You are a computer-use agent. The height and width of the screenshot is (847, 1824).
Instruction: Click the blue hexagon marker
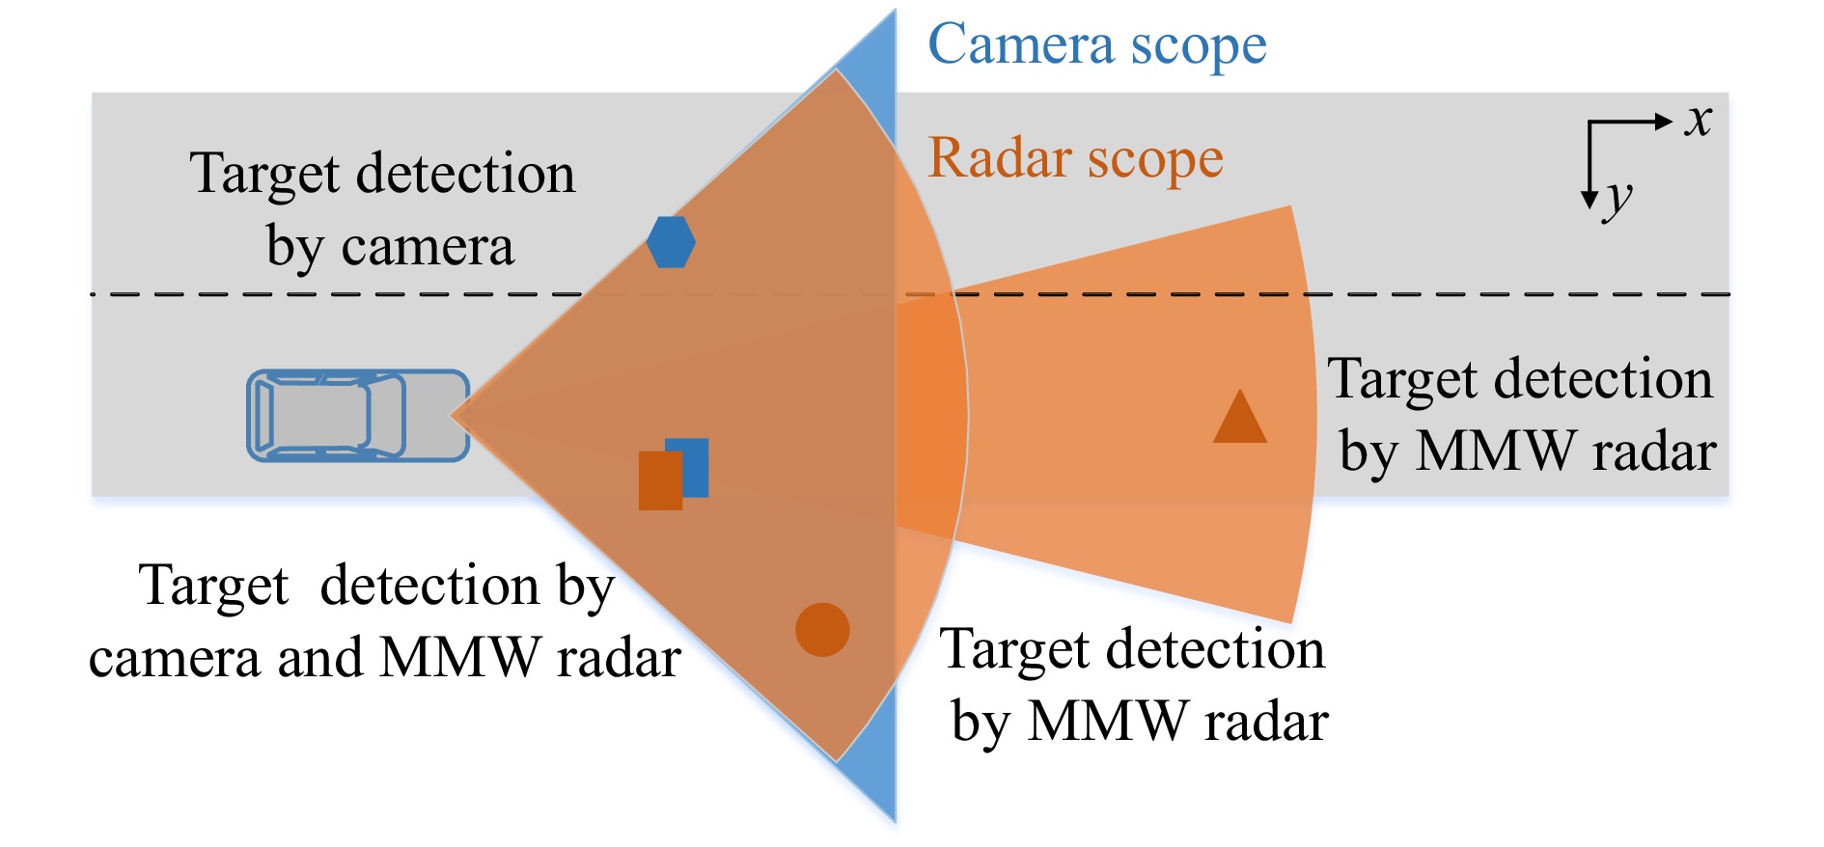(x=671, y=242)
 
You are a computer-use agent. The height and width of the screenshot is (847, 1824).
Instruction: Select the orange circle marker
(x=822, y=630)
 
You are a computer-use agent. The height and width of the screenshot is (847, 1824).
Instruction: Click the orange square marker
(x=659, y=481)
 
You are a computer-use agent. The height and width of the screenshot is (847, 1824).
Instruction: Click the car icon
(x=358, y=416)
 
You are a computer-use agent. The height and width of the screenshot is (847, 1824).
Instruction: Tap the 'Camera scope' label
(x=1096, y=45)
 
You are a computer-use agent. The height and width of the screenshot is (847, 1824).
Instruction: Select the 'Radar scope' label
(x=1075, y=158)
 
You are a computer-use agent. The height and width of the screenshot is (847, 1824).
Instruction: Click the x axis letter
(x=1698, y=121)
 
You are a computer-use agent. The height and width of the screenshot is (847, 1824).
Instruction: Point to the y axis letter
(x=1618, y=200)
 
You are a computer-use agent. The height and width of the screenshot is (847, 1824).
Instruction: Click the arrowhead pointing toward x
(x=1663, y=122)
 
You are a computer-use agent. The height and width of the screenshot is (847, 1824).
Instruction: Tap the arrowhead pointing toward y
(x=1589, y=200)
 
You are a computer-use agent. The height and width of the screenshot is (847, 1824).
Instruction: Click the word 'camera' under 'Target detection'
(x=428, y=248)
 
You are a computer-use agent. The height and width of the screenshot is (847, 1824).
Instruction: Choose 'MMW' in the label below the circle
(x=1107, y=722)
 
